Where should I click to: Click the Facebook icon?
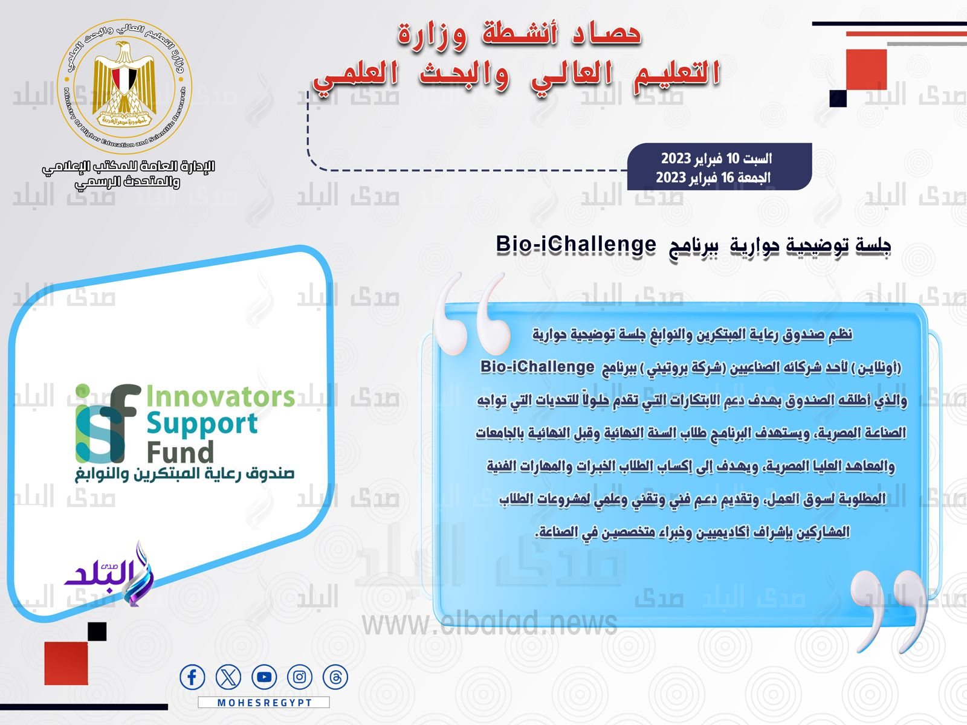pyautogui.click(x=192, y=677)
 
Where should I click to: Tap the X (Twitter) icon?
pyautogui.click(x=228, y=677)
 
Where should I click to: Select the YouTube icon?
pyautogui.click(x=264, y=677)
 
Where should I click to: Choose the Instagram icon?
pyautogui.click(x=300, y=677)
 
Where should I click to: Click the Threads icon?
pyautogui.click(x=335, y=677)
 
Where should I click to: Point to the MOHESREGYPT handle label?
pyautogui.click(x=264, y=703)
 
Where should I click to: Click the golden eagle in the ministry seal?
pyautogui.click(x=125, y=83)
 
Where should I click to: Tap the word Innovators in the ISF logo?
pyautogui.click(x=220, y=396)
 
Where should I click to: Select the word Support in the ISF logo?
pyautogui.click(x=202, y=424)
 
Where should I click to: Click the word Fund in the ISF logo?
pyautogui.click(x=179, y=453)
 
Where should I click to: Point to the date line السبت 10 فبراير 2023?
pyautogui.click(x=716, y=158)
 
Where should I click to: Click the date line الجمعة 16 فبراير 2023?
pyautogui.click(x=713, y=178)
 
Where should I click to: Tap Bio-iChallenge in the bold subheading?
pyautogui.click(x=576, y=244)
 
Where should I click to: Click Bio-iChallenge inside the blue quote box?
pyautogui.click(x=537, y=367)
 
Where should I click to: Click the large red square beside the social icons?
pyautogui.click(x=66, y=663)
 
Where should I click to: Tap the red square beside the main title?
pyautogui.click(x=867, y=69)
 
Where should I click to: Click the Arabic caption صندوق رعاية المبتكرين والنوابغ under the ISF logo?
pyautogui.click(x=184, y=474)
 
